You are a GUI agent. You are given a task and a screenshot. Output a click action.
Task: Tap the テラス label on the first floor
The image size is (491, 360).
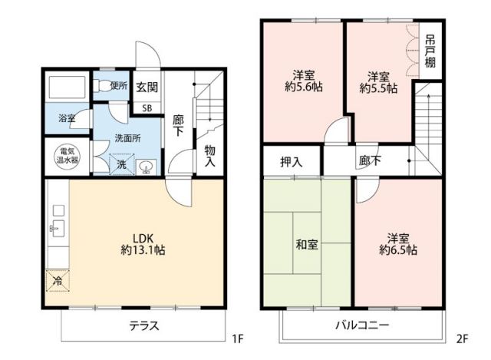pos(143,325)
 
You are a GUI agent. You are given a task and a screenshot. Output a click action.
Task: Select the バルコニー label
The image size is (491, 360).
pos(361,325)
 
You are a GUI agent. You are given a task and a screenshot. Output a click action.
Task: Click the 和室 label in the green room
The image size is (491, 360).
pos(307,245)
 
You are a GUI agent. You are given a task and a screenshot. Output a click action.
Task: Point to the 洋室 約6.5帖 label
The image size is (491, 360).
pos(397,244)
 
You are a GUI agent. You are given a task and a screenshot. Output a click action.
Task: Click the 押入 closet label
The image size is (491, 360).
pos(290,161)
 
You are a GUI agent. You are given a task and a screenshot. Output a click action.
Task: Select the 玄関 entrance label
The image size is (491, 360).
pos(147,87)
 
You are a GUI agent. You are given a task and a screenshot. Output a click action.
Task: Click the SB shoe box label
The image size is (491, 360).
pos(148,107)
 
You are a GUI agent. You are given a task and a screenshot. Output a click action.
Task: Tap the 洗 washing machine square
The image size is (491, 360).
pos(122,164)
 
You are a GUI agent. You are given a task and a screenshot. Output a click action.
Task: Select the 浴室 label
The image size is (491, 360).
pos(67,119)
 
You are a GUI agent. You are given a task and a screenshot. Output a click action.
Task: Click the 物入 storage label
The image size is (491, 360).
pos(209,157)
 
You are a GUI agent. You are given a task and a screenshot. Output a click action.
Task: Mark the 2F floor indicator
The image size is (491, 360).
pos(462,337)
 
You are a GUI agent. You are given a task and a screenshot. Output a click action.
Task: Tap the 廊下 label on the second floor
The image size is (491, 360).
pos(371,161)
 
